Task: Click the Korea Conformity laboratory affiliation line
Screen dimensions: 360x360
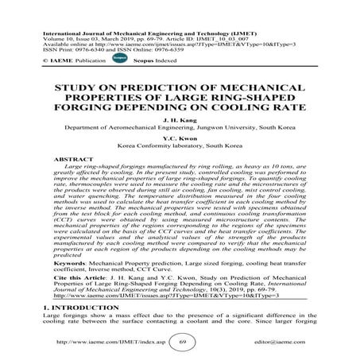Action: point(180,168)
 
